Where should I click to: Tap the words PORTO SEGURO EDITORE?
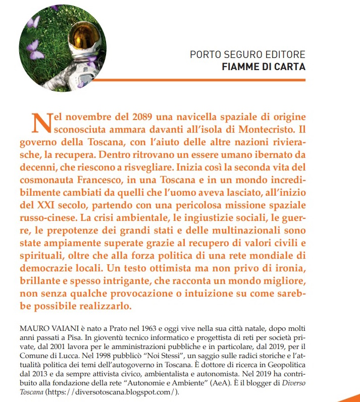click(247, 54)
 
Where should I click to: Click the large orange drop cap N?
click(40, 122)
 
